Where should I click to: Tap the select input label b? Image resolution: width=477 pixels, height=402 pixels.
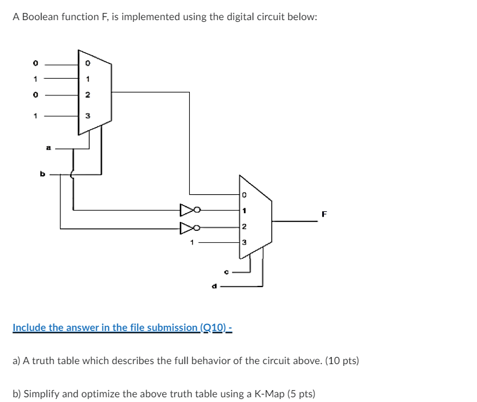click(x=42, y=174)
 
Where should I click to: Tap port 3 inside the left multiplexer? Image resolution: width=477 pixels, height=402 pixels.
click(x=87, y=116)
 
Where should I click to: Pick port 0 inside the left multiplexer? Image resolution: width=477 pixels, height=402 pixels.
click(x=87, y=61)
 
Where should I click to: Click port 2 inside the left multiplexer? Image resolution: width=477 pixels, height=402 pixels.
click(x=87, y=94)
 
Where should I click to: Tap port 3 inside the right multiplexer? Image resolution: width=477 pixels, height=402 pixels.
click(x=244, y=242)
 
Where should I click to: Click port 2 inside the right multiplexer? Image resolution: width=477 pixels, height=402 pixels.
click(x=244, y=227)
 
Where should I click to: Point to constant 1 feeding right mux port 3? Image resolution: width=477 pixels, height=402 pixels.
click(x=192, y=242)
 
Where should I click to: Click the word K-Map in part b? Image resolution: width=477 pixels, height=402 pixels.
click(x=265, y=393)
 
